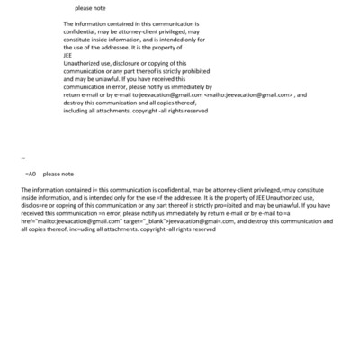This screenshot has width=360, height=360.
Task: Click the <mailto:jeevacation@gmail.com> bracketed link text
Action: coord(248,94)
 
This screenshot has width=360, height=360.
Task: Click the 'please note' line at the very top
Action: coord(91,8)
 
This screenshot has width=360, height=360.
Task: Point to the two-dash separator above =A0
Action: coord(22,157)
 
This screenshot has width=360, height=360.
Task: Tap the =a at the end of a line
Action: coord(310,213)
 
